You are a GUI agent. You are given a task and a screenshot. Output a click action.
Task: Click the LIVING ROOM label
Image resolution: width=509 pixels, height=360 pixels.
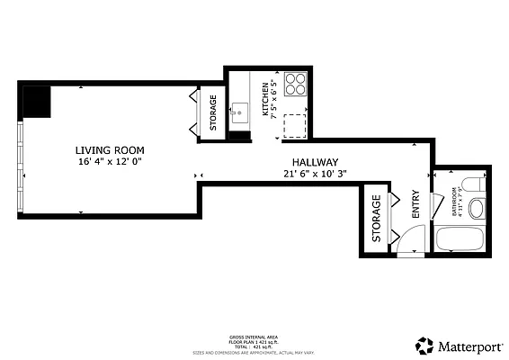coord(110,150)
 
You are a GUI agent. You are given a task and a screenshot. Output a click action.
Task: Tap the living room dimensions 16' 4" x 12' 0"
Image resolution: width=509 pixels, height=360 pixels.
coord(110,162)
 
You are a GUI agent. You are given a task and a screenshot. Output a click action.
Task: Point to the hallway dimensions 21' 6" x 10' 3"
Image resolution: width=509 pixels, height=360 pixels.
coord(315,175)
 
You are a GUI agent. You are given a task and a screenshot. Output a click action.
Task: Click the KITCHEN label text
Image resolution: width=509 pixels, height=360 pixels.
coord(265,99)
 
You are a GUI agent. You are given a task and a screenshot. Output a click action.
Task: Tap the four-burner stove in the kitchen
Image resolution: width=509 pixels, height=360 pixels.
coord(295,85)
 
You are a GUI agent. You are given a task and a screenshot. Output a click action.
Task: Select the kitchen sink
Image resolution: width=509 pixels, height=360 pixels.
coord(239,114)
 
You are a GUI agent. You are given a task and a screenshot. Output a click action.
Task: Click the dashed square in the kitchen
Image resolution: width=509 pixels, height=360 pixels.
coord(294,126)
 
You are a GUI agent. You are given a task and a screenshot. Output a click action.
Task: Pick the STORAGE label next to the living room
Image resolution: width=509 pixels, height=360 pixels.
coord(213,113)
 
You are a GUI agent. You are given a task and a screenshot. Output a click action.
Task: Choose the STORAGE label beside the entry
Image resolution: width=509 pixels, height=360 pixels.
coord(376,218)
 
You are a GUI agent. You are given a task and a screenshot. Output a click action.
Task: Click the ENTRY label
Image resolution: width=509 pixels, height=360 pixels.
coord(415,203)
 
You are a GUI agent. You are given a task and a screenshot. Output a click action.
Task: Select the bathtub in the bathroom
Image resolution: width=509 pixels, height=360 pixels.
coord(460,240)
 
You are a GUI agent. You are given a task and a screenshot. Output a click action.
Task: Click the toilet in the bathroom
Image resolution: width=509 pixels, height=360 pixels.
coord(477,206)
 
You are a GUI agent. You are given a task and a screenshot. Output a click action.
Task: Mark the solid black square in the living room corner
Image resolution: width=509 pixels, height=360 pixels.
coord(36,101)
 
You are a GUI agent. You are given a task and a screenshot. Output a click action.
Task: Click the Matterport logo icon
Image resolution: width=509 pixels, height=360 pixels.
coord(424,346)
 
